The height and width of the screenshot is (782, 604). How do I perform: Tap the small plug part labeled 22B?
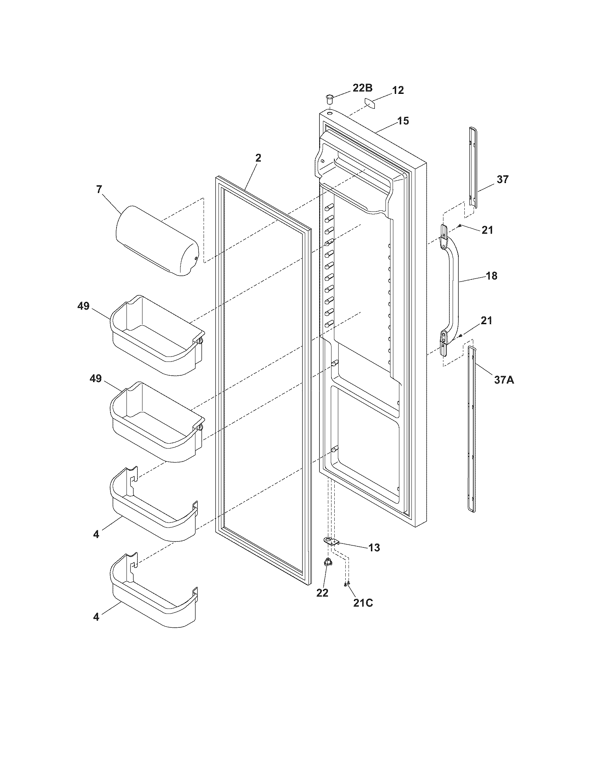[330, 98]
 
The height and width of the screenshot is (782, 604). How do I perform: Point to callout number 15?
[403, 120]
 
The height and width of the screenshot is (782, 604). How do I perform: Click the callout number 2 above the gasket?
[258, 158]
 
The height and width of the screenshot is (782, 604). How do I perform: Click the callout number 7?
[99, 189]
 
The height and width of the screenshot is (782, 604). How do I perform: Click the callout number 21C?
[363, 602]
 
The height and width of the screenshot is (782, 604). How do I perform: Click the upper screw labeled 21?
[459, 226]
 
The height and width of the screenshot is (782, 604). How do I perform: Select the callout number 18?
[492, 276]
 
